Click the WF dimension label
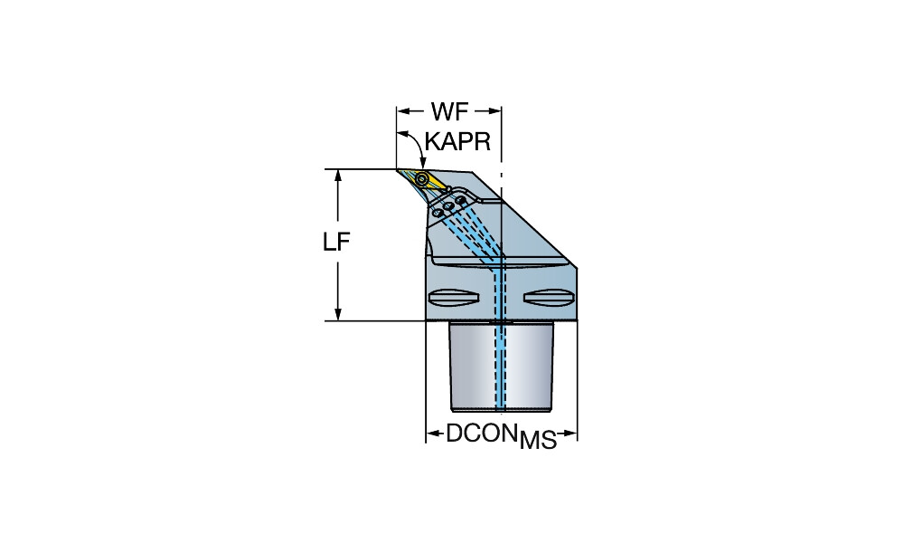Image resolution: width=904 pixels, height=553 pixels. tap(449, 112)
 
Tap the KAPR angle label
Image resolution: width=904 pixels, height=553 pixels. tap(457, 142)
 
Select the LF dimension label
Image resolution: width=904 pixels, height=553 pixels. tap(337, 243)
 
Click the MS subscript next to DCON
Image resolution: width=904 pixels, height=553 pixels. tap(538, 442)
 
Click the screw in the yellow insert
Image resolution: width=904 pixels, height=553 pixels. tap(422, 178)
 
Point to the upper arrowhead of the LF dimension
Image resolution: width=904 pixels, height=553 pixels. tap(337, 175)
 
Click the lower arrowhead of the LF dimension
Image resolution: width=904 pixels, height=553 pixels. tap(337, 314)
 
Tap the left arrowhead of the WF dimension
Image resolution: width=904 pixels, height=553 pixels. tap(402, 112)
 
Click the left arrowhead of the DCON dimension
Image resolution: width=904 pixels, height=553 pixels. tap(432, 434)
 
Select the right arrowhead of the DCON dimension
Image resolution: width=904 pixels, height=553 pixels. tap(571, 434)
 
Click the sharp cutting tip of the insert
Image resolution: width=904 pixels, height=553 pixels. tap(398, 169)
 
